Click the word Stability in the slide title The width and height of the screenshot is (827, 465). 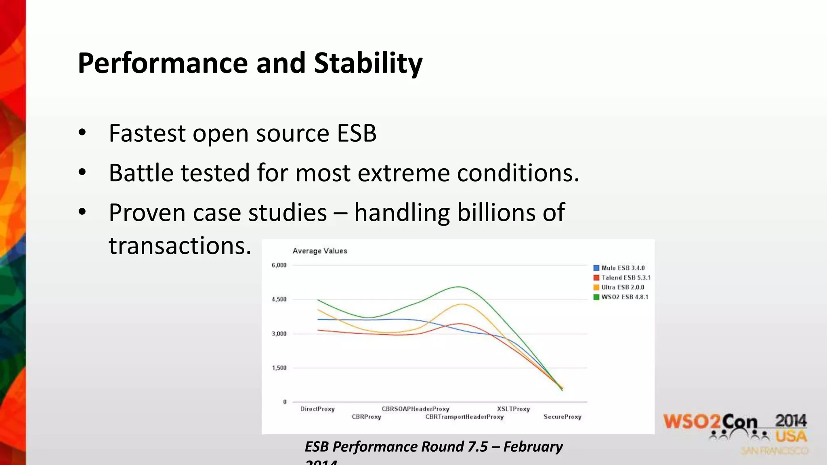(368, 63)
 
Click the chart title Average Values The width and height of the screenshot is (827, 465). (319, 251)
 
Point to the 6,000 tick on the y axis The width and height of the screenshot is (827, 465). (279, 265)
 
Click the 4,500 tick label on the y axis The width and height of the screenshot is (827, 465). (279, 300)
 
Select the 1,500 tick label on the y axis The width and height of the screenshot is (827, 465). (279, 368)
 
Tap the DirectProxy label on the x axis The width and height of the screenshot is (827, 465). (317, 409)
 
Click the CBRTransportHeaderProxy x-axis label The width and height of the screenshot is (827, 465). (464, 417)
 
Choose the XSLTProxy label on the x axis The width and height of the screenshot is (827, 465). (513, 409)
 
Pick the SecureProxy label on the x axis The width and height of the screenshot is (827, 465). (562, 417)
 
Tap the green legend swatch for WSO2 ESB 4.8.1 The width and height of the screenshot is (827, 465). (596, 297)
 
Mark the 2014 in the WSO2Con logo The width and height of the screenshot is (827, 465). (790, 421)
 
